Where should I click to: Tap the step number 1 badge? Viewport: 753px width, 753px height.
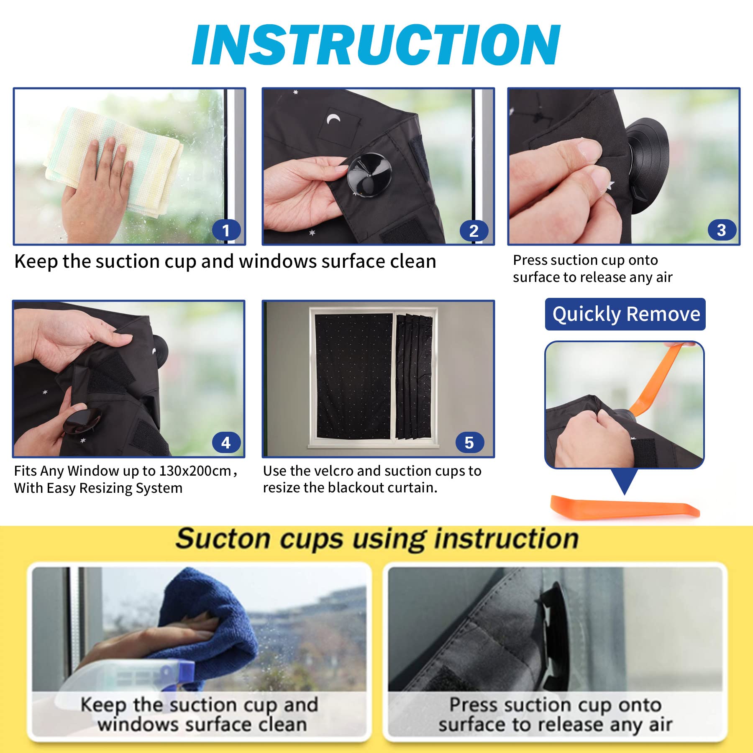pyautogui.click(x=226, y=230)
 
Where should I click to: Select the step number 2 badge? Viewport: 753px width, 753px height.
pyautogui.click(x=474, y=231)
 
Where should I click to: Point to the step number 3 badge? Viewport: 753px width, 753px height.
pyautogui.click(x=722, y=230)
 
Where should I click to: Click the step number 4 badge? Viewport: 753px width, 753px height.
pyautogui.click(x=226, y=442)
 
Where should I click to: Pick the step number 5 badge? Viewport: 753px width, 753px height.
pyautogui.click(x=469, y=442)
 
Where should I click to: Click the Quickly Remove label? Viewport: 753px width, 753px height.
pyautogui.click(x=625, y=314)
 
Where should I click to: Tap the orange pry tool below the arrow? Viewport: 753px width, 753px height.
pyautogui.click(x=625, y=507)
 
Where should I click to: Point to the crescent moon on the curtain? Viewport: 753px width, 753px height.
pyautogui.click(x=333, y=119)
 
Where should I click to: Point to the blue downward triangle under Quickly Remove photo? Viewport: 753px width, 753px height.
pyautogui.click(x=625, y=482)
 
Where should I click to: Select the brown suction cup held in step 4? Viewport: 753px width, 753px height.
pyautogui.click(x=82, y=420)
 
